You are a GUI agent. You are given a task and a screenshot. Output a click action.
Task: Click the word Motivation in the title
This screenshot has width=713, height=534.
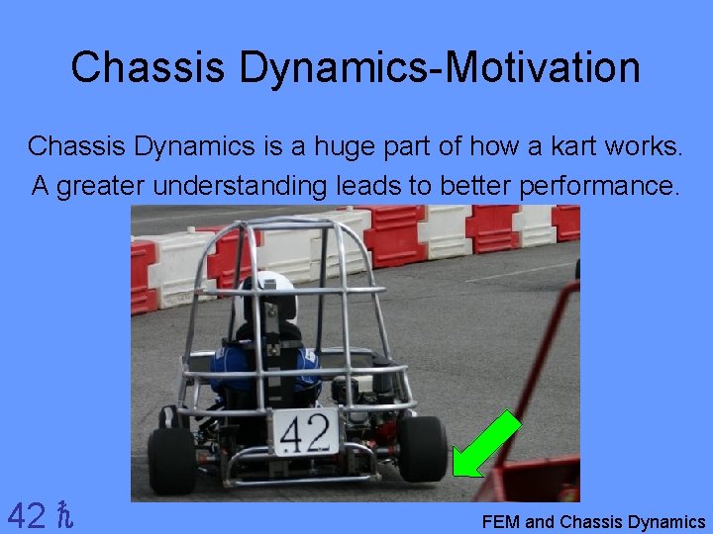click(x=543, y=68)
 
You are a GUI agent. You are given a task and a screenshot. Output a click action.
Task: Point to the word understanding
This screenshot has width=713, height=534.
click(x=236, y=185)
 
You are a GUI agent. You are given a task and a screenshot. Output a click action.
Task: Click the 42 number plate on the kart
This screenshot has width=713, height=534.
click(x=305, y=431)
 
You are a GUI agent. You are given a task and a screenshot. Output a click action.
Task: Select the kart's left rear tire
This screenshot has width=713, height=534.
click(x=171, y=459)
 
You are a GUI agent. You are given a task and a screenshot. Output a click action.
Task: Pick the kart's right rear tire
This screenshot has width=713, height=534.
click(x=423, y=448)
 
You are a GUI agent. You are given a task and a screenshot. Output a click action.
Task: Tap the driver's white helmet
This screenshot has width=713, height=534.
click(x=270, y=293)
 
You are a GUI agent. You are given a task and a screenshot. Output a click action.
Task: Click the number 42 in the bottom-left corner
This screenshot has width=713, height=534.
click(x=26, y=515)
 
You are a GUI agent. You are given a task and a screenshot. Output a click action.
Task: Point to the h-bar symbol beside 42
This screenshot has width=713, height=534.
click(x=65, y=515)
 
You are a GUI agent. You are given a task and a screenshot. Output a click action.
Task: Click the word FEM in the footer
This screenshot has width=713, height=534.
click(x=501, y=522)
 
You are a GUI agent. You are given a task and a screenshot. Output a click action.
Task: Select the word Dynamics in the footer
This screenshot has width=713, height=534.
click(x=666, y=522)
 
